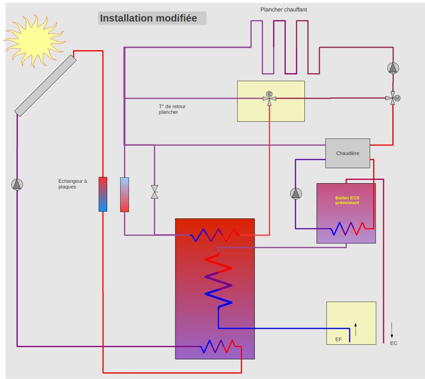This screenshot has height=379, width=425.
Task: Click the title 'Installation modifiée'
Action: (148, 18)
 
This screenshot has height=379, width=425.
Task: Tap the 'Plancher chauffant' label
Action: (283, 9)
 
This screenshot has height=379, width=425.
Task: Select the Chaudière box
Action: (348, 153)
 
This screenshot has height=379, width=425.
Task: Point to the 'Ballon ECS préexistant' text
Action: (347, 200)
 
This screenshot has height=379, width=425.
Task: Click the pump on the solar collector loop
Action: (17, 184)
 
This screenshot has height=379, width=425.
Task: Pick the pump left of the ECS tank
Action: (296, 193)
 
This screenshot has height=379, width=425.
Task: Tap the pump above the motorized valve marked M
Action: (393, 68)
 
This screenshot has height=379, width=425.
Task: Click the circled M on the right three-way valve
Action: (397, 98)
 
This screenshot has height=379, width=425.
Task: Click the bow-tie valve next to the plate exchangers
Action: (154, 192)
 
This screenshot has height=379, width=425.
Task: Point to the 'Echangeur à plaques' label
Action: (73, 184)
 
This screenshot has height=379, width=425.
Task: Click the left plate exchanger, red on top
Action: (103, 194)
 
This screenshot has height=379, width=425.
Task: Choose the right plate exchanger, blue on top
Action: (125, 194)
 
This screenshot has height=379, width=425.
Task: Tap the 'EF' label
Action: (338, 339)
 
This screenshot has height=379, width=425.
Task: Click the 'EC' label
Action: (394, 343)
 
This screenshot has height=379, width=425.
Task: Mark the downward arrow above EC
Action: (392, 329)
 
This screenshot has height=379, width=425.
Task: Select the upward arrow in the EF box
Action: (356, 329)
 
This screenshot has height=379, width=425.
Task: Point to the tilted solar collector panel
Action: (45, 85)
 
